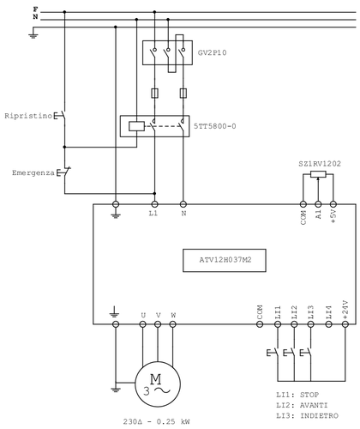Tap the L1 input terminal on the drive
click(153, 204)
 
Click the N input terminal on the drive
click(183, 204)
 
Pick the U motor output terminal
click(142, 325)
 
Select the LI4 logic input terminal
click(328, 325)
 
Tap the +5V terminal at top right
click(333, 204)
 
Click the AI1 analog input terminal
click(318, 204)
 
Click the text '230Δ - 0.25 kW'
click(156, 421)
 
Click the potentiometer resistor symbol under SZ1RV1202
click(318, 174)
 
